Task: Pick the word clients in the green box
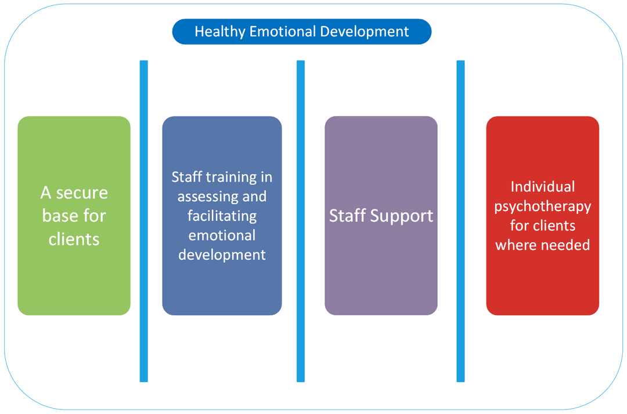pyautogui.click(x=74, y=239)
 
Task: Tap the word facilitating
pyautogui.click(x=222, y=216)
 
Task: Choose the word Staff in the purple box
pyautogui.click(x=348, y=216)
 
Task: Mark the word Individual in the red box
pyautogui.click(x=542, y=187)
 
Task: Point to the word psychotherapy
pyautogui.click(x=542, y=206)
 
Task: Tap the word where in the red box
pyautogui.click(x=516, y=245)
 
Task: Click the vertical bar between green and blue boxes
pyautogui.click(x=143, y=220)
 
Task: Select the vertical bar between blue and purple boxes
pyautogui.click(x=301, y=220)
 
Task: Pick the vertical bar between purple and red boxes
pyautogui.click(x=460, y=220)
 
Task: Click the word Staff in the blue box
pyautogui.click(x=186, y=176)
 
